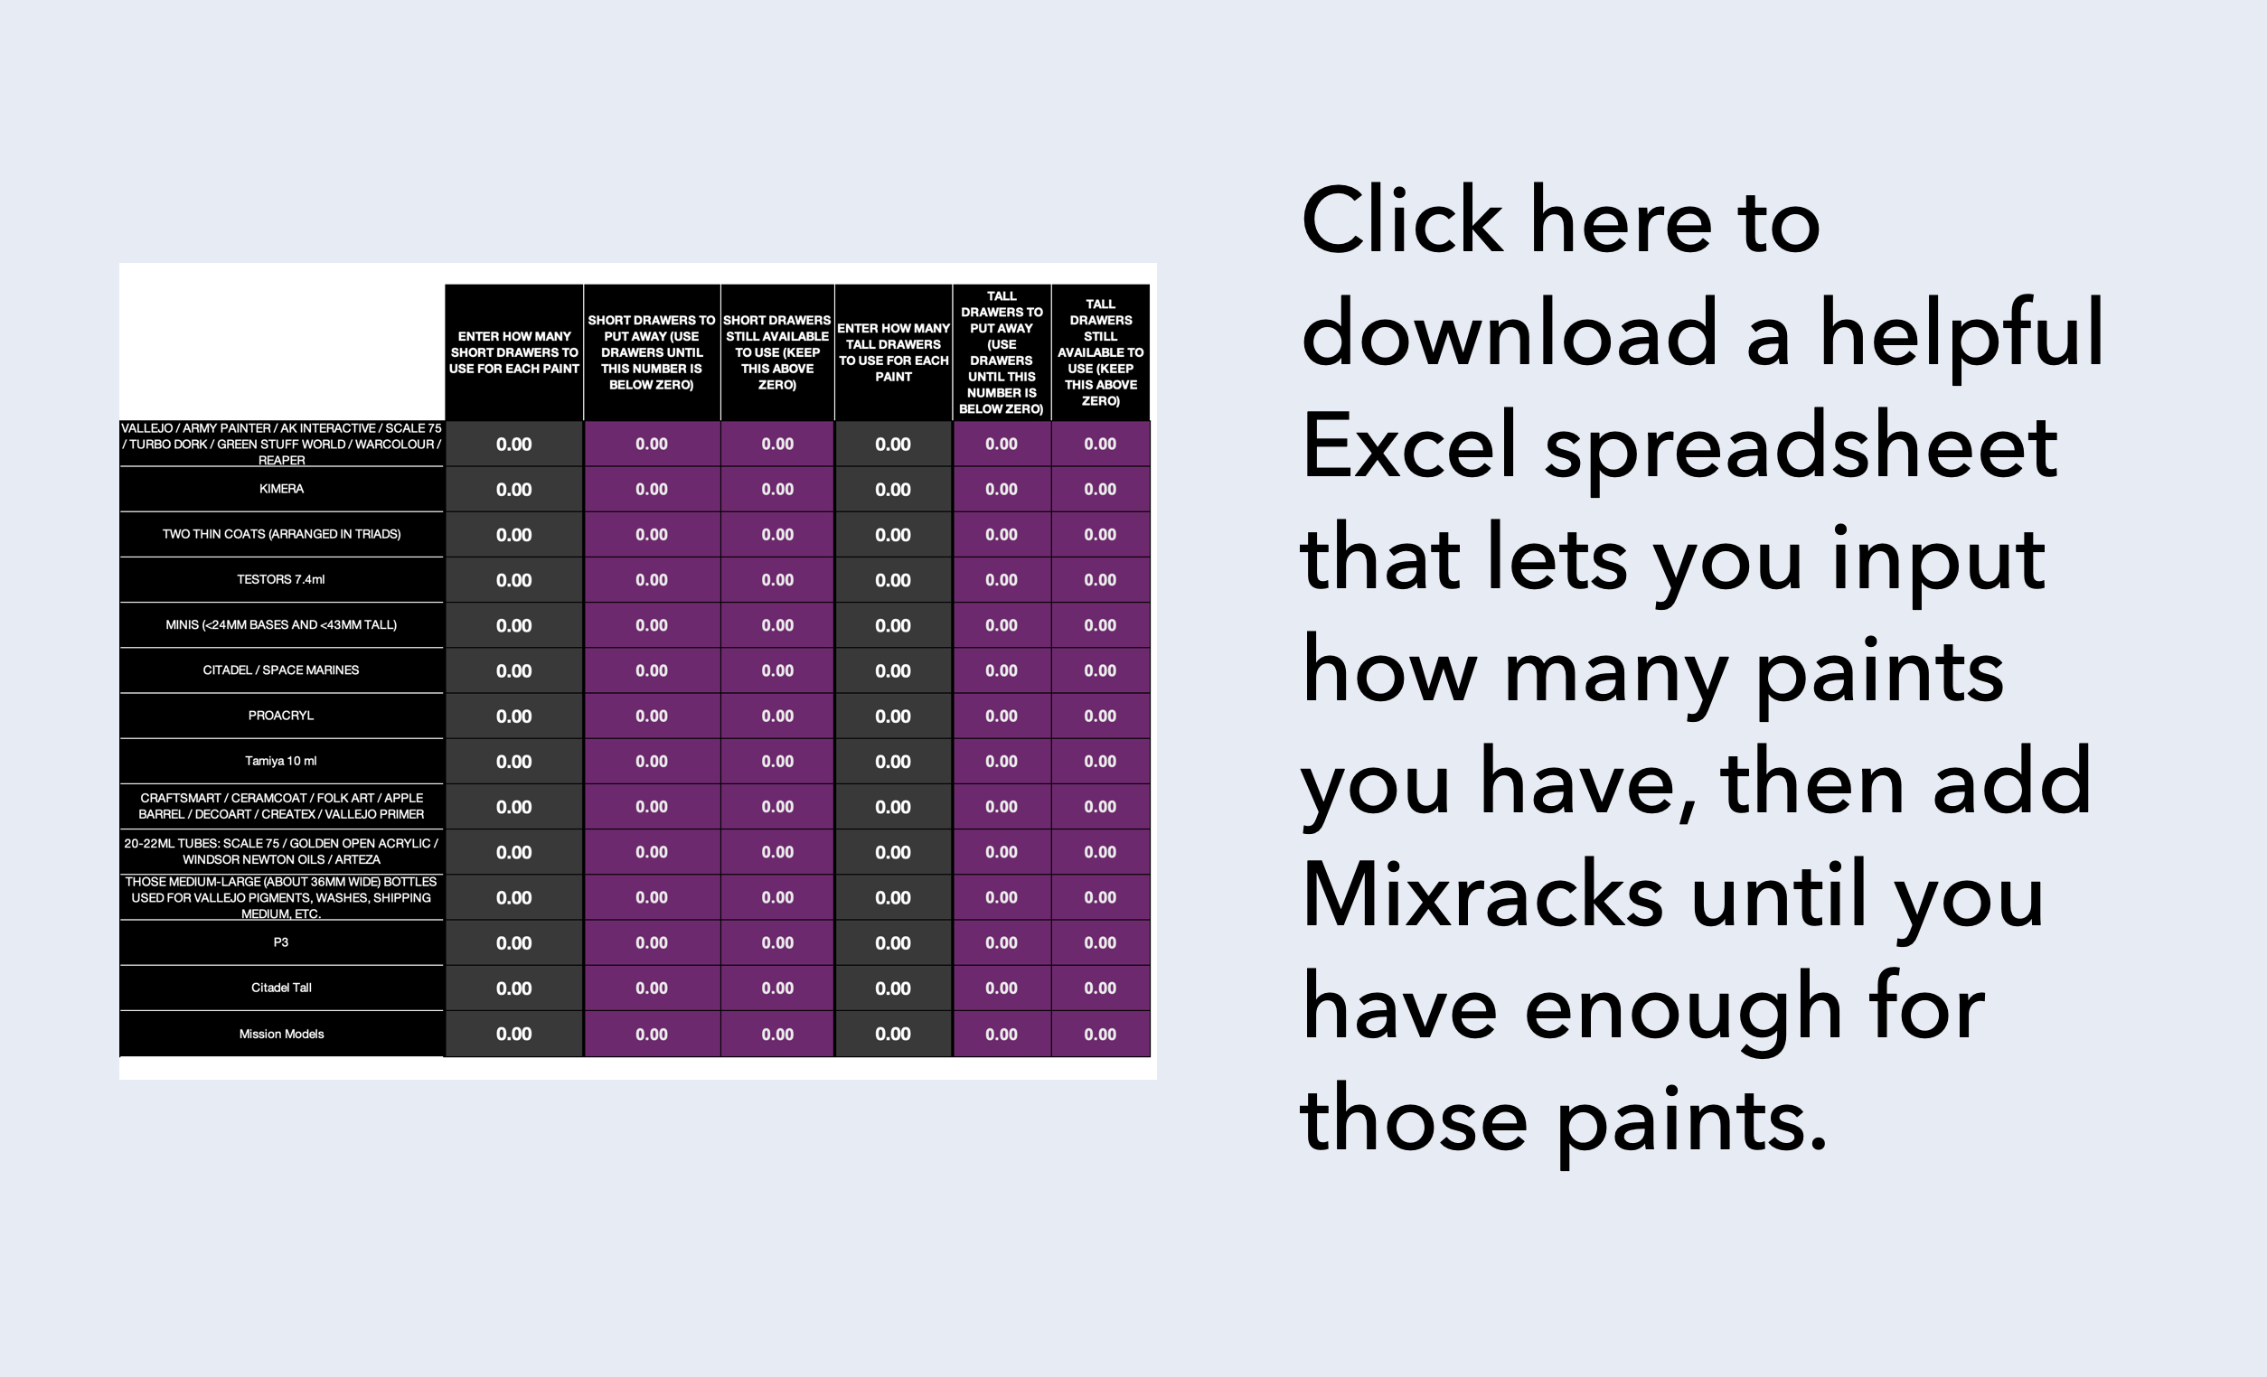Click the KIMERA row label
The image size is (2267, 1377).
pos(280,489)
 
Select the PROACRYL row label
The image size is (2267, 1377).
pos(280,716)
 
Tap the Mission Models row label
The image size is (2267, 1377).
pos(281,1034)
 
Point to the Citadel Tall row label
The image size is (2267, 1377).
pos(281,988)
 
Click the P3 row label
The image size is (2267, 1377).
pos(280,941)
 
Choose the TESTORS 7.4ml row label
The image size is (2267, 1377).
pos(280,579)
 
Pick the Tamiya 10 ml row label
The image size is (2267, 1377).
pos(280,761)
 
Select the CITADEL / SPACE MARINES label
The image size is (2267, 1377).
pos(280,670)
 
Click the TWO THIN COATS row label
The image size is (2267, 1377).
pos(281,533)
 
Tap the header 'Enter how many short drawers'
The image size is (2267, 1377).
pos(514,352)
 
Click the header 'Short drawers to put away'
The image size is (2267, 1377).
pos(652,352)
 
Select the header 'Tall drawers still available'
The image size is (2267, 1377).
pos(1100,352)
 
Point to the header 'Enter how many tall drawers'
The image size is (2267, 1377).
pos(893,352)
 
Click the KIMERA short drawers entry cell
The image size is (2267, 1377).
pos(514,490)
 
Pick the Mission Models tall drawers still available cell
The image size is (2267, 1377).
pos(1100,1034)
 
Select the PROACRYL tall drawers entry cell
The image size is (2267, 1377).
pos(893,716)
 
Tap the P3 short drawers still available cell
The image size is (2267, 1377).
pos(777,942)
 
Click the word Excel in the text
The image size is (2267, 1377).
pos(1408,446)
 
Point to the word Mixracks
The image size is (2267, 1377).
pos(1482,895)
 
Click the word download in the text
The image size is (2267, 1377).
pos(1510,333)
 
